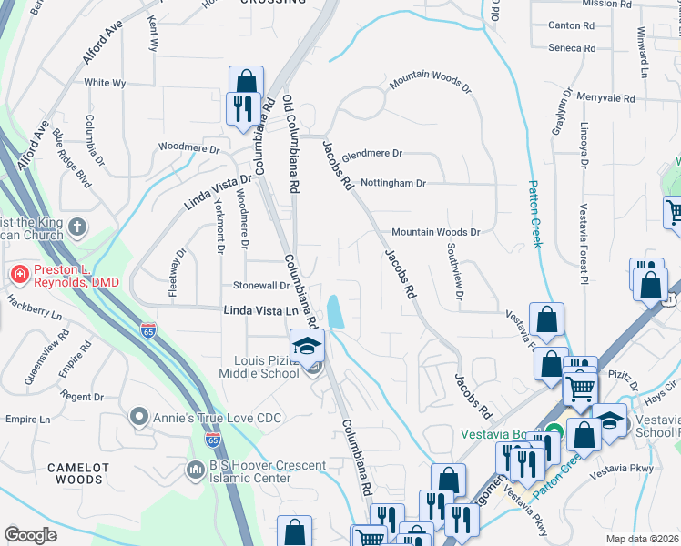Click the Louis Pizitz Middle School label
click(x=260, y=365)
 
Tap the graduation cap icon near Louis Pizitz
click(x=308, y=346)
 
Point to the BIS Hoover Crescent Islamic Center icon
click(x=194, y=470)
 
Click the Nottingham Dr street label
click(x=393, y=183)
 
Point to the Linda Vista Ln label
click(x=261, y=310)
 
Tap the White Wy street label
click(x=105, y=83)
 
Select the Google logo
click(x=30, y=535)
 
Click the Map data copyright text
click(x=642, y=539)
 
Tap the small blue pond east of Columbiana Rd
click(x=334, y=312)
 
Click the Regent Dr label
click(x=83, y=397)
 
